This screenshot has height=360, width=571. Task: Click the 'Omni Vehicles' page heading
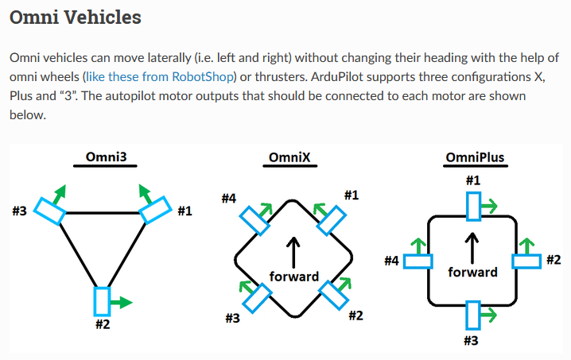point(76,17)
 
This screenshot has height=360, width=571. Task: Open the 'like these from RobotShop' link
point(160,77)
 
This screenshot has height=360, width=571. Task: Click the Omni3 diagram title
point(106,157)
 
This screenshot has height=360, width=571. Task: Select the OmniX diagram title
point(289,157)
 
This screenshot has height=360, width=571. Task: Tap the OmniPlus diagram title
point(475,157)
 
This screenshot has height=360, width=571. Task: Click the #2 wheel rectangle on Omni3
point(103,301)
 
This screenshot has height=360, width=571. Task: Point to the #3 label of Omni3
point(20,211)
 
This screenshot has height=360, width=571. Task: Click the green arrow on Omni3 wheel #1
point(146,193)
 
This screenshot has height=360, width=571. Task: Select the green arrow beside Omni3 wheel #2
point(121,302)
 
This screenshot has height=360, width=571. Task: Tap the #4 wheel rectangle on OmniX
point(254,220)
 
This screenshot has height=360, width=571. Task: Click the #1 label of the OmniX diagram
point(352,195)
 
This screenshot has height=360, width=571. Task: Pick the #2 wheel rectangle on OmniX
point(333,295)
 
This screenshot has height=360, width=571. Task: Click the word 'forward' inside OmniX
point(294,277)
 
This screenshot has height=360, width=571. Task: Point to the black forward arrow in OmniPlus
point(472,249)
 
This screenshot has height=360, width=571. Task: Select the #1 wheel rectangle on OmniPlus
point(473,207)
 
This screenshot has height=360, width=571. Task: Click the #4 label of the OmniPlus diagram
point(391,261)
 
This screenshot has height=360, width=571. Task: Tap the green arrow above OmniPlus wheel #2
point(526,246)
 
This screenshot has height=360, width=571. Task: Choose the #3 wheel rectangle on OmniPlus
point(473,315)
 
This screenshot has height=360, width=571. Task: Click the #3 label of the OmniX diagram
point(232,318)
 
